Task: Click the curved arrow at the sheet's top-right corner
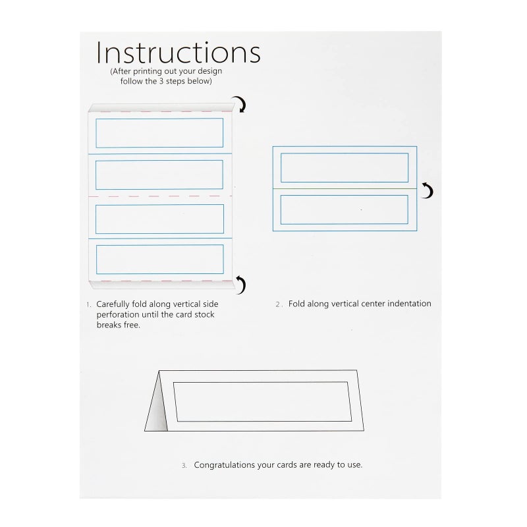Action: pos(242,104)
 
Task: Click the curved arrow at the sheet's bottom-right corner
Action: pos(242,285)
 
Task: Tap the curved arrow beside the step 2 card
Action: pos(428,191)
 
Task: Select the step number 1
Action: pos(88,305)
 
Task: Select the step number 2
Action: pos(278,305)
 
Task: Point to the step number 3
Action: pos(184,465)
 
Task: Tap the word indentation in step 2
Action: pos(407,304)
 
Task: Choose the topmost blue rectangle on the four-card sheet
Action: pos(159,132)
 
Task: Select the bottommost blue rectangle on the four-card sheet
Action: pos(159,259)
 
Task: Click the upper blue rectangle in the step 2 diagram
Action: pos(345,167)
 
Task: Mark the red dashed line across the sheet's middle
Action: pos(159,196)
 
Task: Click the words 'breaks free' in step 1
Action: pos(119,325)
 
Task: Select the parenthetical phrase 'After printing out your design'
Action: pos(166,70)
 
